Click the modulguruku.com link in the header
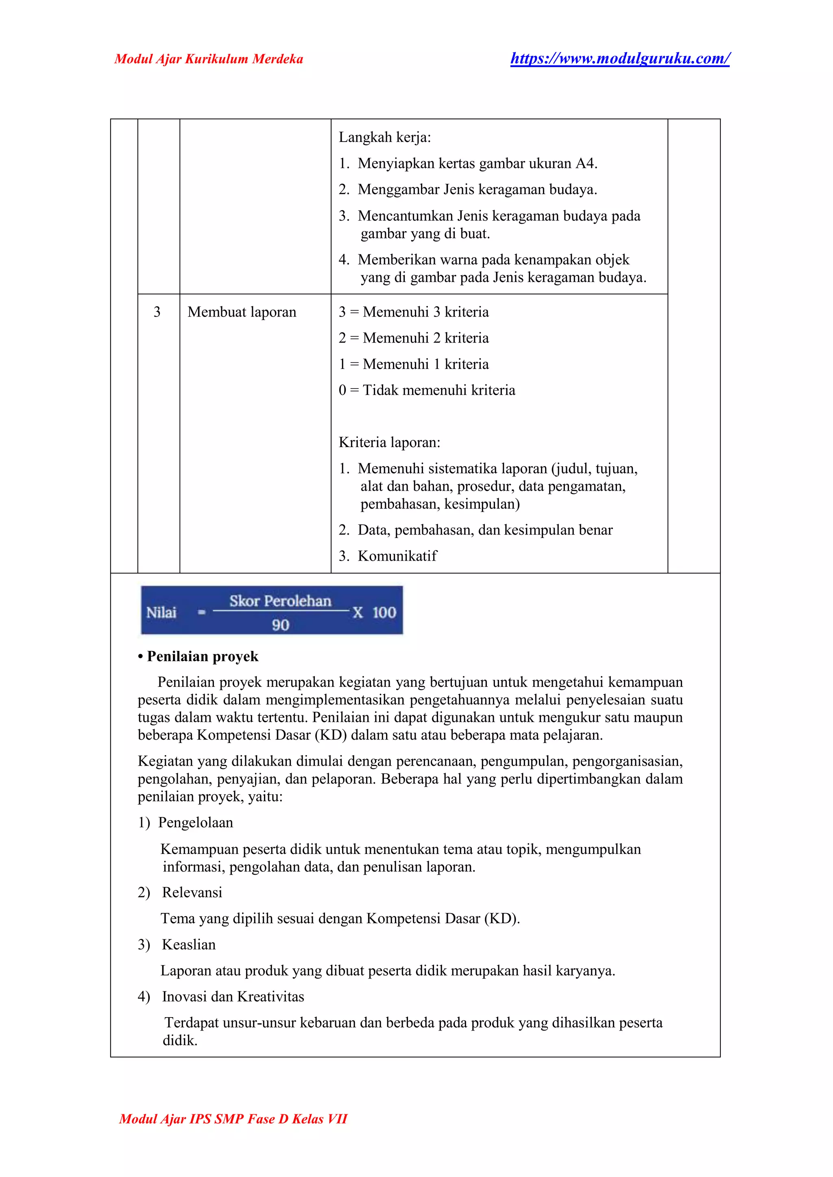(x=619, y=59)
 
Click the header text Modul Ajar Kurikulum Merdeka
(x=209, y=59)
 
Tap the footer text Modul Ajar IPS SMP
(x=233, y=1118)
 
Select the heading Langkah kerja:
(x=384, y=138)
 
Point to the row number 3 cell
(x=157, y=312)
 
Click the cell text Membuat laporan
(x=242, y=312)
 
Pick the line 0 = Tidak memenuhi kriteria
(x=426, y=390)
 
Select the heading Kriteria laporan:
(x=389, y=442)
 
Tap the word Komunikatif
(x=397, y=556)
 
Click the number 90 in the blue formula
(x=281, y=625)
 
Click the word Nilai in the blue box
(x=161, y=612)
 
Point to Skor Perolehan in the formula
(x=280, y=601)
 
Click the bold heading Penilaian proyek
(x=202, y=656)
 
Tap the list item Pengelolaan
(x=195, y=823)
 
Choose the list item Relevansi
(x=192, y=892)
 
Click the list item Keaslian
(x=189, y=945)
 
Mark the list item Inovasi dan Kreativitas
(x=233, y=996)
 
